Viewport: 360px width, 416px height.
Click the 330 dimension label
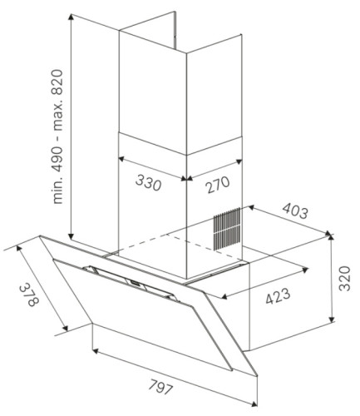(x=148, y=183)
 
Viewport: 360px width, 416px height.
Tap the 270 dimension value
(x=218, y=184)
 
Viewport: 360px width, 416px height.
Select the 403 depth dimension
(x=295, y=210)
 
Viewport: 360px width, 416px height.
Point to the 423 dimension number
(x=278, y=296)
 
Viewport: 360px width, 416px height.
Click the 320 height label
(x=345, y=278)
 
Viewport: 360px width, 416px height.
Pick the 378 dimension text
(x=28, y=295)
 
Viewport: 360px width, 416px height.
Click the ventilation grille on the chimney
(x=226, y=230)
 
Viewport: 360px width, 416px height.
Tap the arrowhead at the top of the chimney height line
(x=72, y=17)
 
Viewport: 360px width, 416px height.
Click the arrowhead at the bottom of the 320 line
(x=331, y=319)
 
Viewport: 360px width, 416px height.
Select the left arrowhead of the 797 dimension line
(x=95, y=351)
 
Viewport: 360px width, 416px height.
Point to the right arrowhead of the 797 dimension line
(x=254, y=404)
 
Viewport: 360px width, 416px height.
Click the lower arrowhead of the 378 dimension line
(x=66, y=329)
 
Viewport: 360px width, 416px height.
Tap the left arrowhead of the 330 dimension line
(x=121, y=159)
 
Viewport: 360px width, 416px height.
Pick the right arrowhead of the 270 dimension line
(x=239, y=161)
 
